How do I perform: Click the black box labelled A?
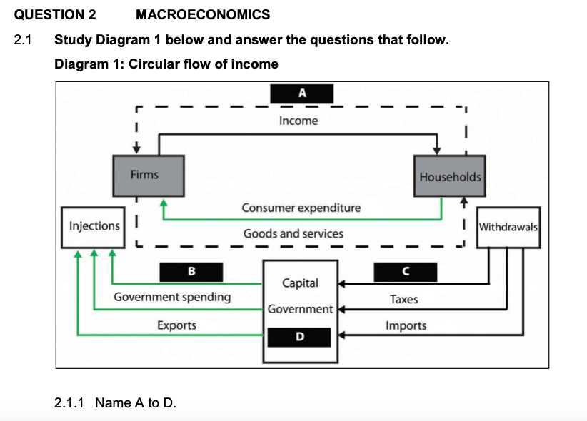pos(302,93)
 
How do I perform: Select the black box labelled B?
pos(191,271)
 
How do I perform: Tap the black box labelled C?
pos(405,271)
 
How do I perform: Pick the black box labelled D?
pos(299,335)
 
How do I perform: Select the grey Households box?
pos(450,176)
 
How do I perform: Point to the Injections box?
pos(94,226)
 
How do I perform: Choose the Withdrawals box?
pos(508,228)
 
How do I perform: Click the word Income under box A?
pos(298,121)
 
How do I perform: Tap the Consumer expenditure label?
pos(301,208)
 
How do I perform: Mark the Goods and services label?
pos(293,233)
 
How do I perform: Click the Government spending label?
pos(172,297)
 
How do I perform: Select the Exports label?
pos(176,325)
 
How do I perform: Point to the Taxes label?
pos(403,299)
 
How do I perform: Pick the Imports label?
pos(406,325)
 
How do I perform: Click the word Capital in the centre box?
pos(301,283)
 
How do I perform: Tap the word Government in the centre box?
pos(301,309)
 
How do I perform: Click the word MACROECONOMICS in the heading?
pos(202,14)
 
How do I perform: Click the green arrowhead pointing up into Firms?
pos(164,203)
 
